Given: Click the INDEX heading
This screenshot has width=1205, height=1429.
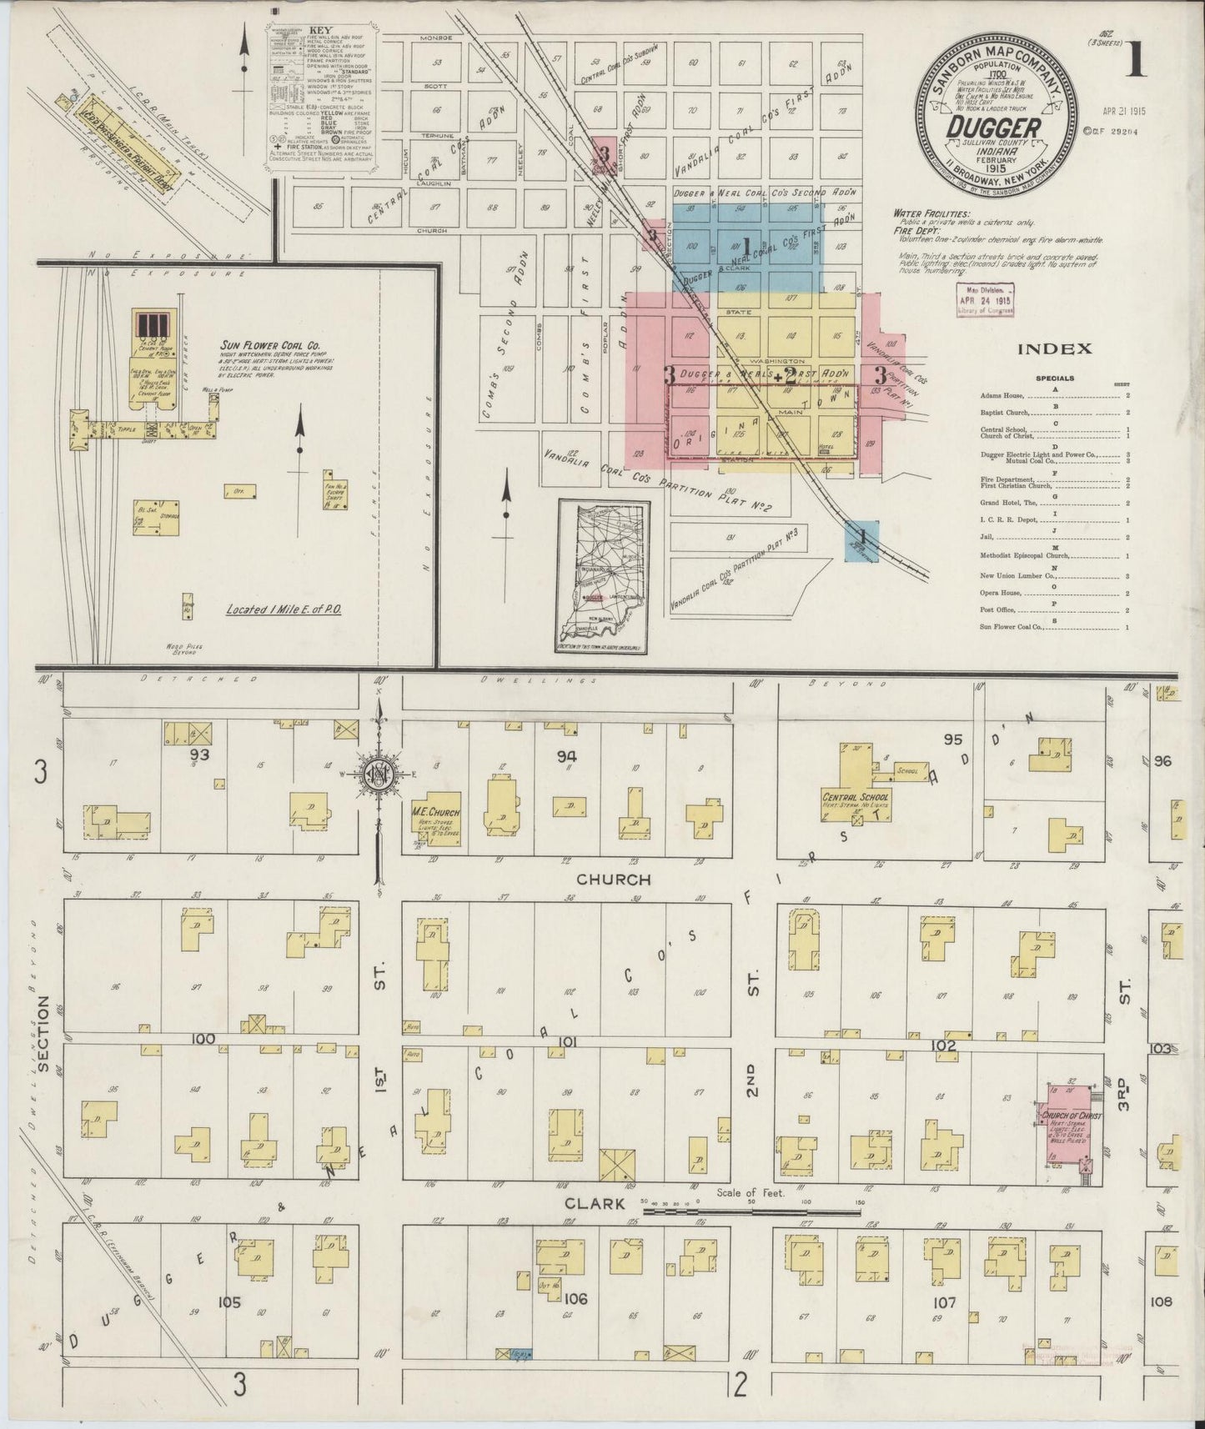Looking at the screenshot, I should (1053, 349).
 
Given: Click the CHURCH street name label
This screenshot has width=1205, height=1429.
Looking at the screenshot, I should (612, 879).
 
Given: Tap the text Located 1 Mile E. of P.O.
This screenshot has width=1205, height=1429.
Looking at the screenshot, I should (284, 609).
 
